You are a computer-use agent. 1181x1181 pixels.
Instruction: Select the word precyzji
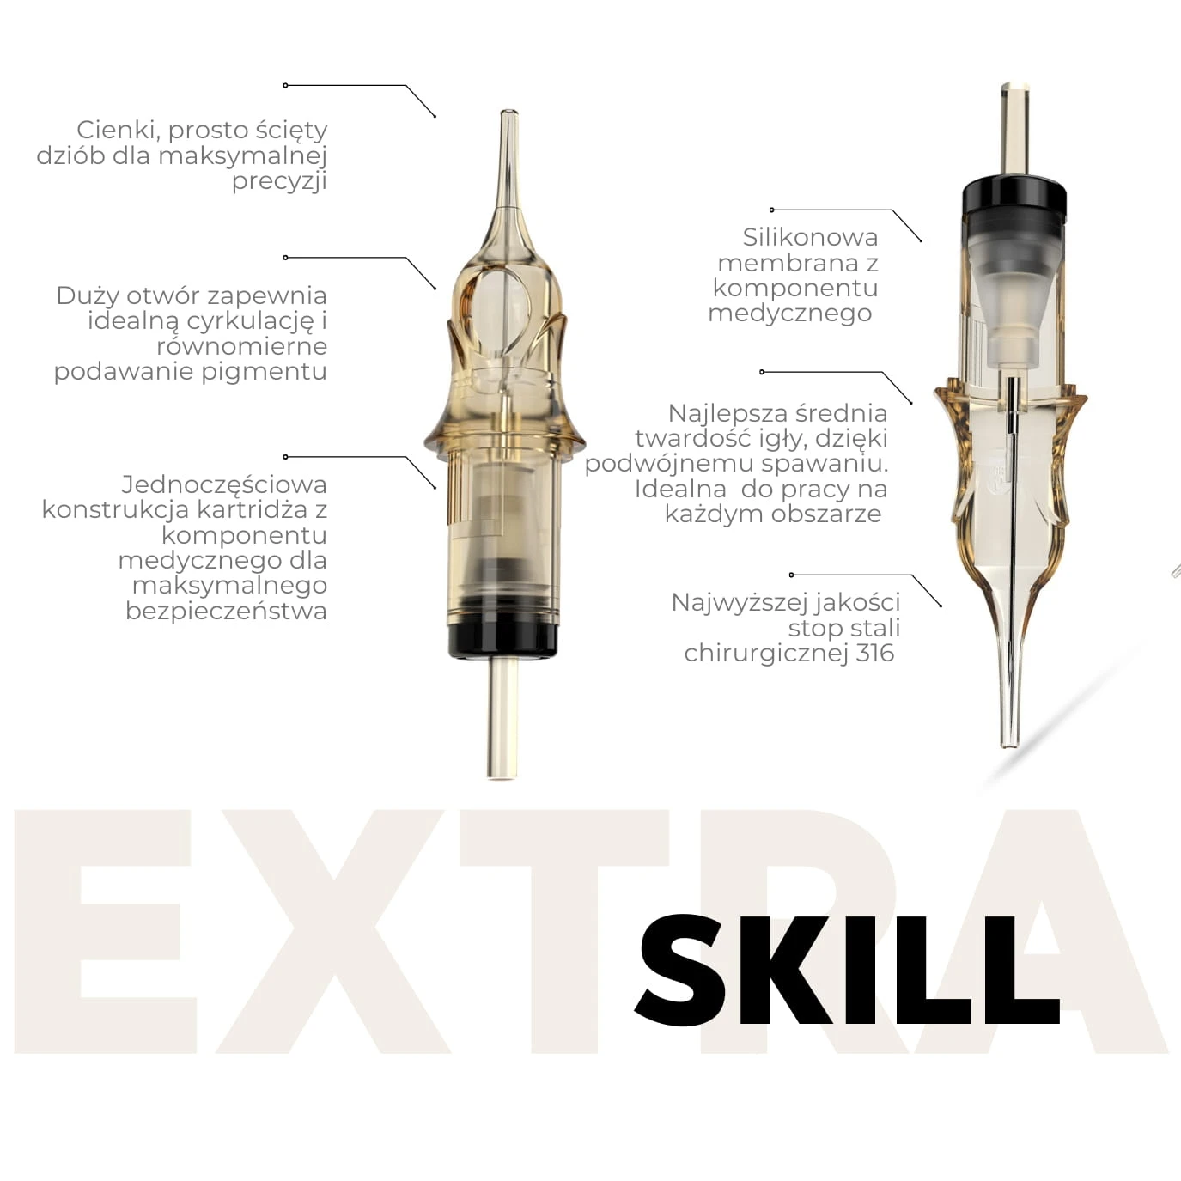279,181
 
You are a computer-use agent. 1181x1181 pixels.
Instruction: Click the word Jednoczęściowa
223,484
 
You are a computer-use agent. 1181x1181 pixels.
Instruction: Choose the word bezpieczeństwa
226,611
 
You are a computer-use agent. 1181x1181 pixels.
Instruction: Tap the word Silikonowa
810,237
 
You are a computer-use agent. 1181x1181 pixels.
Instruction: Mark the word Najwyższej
724,603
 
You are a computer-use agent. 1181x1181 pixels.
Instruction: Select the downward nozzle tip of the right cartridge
1009,743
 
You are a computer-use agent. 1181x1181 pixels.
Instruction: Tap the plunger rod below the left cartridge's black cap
502,718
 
